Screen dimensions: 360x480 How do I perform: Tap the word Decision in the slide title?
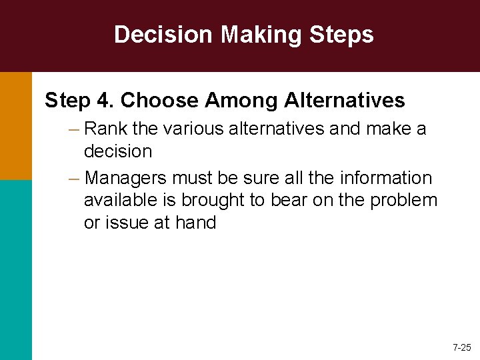(164, 35)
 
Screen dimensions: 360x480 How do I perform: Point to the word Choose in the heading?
(159, 101)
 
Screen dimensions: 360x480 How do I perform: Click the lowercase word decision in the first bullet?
(118, 151)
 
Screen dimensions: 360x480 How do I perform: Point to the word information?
(385, 178)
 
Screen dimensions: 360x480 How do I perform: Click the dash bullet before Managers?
(73, 178)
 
